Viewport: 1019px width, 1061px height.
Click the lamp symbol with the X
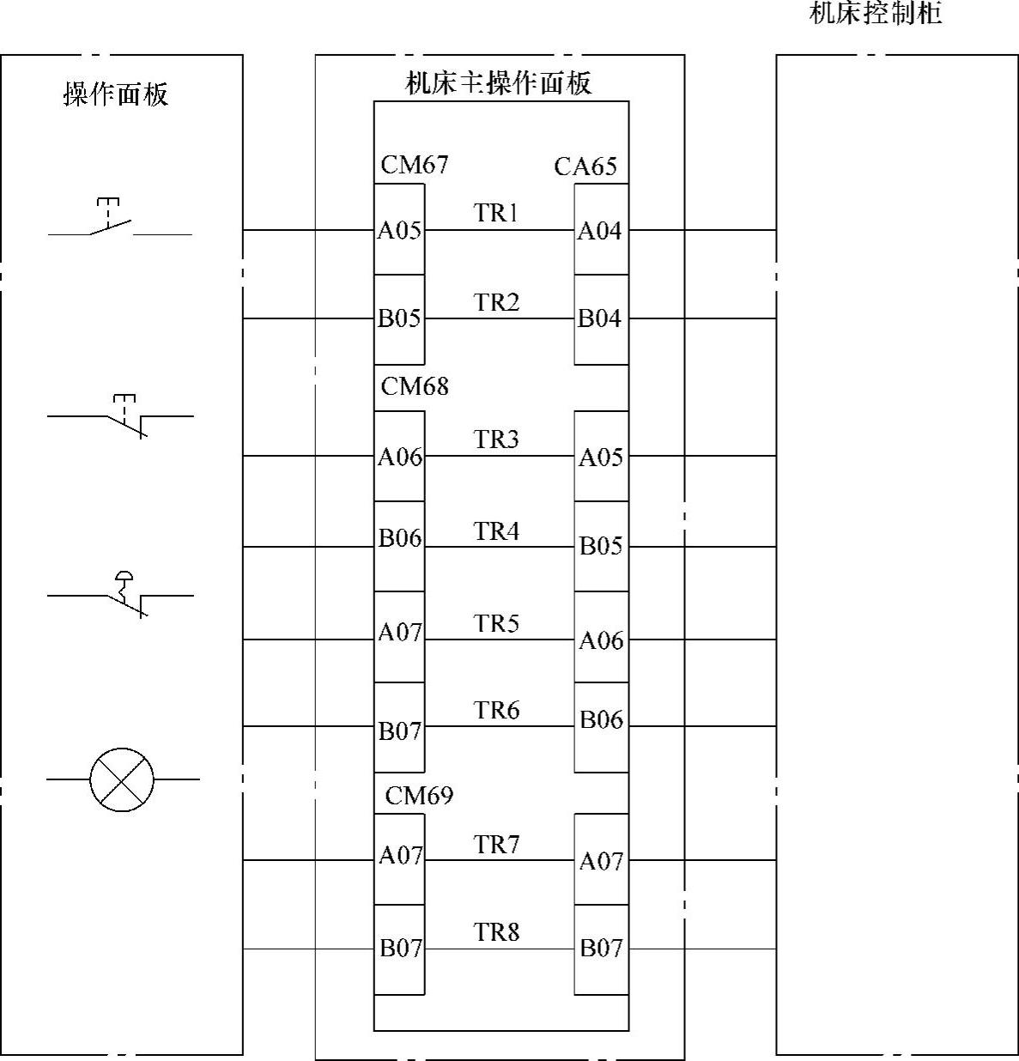[122, 779]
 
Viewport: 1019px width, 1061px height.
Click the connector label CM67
[414, 164]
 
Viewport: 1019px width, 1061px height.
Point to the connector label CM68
[415, 386]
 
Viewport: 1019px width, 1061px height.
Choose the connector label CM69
[418, 796]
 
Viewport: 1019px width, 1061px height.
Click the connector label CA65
[585, 166]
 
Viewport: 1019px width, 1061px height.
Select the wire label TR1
[496, 213]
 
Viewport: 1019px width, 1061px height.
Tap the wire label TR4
[496, 531]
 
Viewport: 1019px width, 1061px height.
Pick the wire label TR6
[496, 710]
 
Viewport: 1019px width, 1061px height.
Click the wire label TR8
[496, 931]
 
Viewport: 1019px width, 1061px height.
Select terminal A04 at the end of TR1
[599, 230]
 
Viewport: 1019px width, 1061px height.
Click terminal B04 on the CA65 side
[599, 318]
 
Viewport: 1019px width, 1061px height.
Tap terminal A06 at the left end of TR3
[400, 457]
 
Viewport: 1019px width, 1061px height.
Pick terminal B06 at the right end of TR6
[600, 719]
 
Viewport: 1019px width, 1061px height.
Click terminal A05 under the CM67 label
[400, 230]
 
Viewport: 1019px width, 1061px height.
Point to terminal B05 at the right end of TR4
[600, 546]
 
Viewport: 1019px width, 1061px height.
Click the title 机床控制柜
[876, 15]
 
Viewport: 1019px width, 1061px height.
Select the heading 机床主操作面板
[498, 83]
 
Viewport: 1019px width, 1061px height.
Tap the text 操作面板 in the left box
[116, 94]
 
